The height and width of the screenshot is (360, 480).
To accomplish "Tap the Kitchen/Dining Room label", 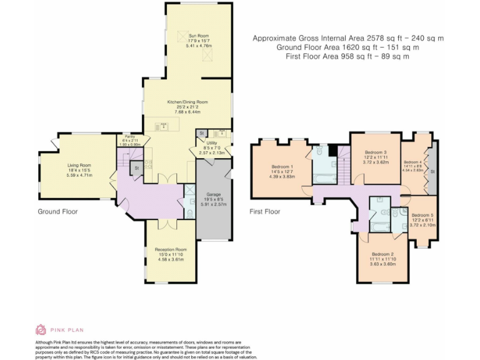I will click(x=187, y=101).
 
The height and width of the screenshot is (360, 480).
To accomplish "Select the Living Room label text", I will click(x=79, y=165).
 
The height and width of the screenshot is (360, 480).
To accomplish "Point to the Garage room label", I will click(x=214, y=194).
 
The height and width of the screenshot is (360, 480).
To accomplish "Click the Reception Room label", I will click(x=171, y=249).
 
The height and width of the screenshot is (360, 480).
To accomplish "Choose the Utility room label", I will click(x=211, y=143).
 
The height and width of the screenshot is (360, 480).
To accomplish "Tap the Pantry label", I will click(x=129, y=136).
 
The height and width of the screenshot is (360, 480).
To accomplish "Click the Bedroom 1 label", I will click(x=282, y=166).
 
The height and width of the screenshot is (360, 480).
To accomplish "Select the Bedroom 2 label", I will click(x=382, y=254).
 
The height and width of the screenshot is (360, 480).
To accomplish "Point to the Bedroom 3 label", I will click(x=376, y=152).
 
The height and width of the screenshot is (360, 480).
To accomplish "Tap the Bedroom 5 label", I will click(x=422, y=215).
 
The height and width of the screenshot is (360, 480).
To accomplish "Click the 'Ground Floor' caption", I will click(x=57, y=211).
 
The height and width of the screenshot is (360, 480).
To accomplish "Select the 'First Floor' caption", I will click(x=264, y=211).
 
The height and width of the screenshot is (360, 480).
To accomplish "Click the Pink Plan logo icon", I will click(x=41, y=329).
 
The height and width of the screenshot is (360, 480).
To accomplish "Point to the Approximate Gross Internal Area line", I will click(x=347, y=38).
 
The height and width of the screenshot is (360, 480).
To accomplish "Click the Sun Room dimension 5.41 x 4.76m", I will click(x=199, y=46).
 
